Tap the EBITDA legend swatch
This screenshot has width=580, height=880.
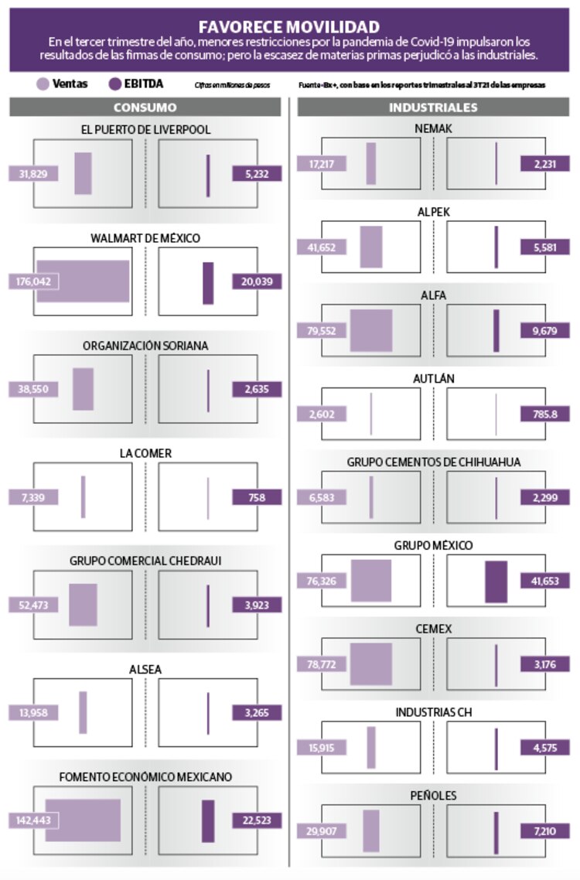click(x=116, y=84)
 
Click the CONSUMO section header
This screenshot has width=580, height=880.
click(x=145, y=107)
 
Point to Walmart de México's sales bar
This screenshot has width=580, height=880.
click(x=82, y=281)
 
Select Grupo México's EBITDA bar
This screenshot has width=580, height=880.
click(x=496, y=582)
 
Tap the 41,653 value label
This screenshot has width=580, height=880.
click(x=545, y=582)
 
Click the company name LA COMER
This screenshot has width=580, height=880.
click(x=145, y=453)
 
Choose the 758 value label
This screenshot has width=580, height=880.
click(x=257, y=497)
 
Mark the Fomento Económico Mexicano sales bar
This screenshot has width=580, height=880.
click(x=83, y=820)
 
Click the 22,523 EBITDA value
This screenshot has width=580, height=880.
click(x=257, y=820)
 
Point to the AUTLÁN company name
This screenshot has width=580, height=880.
click(x=433, y=379)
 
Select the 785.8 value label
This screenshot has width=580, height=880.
click(x=545, y=414)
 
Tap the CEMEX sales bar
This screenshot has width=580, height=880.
click(x=370, y=664)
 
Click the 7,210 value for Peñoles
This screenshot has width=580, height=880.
click(x=545, y=831)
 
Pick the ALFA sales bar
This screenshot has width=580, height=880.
click(x=370, y=331)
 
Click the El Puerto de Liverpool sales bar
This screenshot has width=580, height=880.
click(x=83, y=174)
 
